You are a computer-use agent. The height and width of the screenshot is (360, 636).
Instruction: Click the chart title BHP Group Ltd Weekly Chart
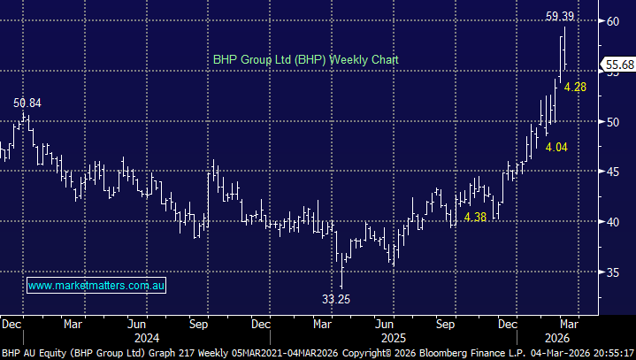pyautogui.click(x=306, y=60)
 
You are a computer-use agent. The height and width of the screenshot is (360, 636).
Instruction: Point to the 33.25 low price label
pyautogui.click(x=336, y=299)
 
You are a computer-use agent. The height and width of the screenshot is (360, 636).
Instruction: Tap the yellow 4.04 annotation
pyautogui.click(x=556, y=147)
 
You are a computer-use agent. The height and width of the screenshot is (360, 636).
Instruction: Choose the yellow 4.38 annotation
pyautogui.click(x=476, y=217)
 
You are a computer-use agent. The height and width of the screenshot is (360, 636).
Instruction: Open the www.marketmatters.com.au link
pyautogui.click(x=97, y=286)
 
